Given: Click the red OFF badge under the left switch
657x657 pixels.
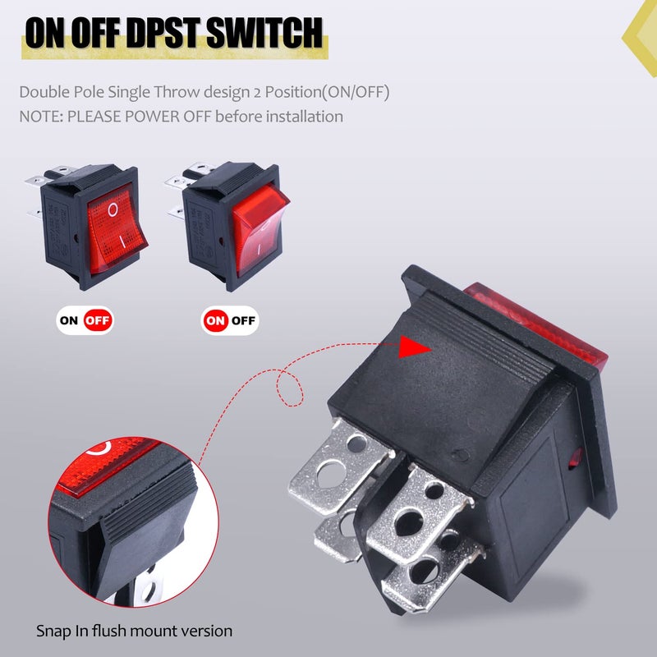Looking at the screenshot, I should point(98,319).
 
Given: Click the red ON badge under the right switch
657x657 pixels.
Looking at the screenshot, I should point(216,319).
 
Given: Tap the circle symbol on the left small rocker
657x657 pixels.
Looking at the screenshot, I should point(113,209).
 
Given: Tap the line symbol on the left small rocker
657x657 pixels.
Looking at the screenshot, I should point(122,242).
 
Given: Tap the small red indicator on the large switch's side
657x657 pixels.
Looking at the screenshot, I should point(574,457).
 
